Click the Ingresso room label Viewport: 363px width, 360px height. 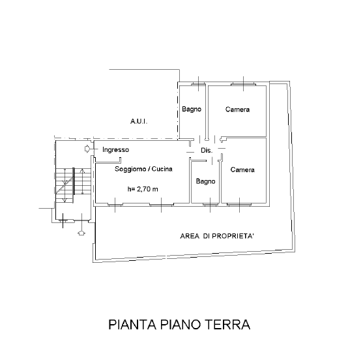(115, 150)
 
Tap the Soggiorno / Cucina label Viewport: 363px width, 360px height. (143, 169)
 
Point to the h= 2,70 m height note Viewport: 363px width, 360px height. (143, 189)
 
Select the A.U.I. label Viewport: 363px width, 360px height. (139, 121)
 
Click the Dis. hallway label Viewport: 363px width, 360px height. (207, 151)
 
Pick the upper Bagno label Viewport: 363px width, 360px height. (192, 109)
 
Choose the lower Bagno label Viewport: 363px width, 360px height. (205, 181)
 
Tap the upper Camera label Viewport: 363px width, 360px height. (237, 110)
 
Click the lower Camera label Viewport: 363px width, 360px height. (242, 170)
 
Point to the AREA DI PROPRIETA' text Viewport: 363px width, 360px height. (217, 236)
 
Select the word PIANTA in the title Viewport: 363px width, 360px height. (132, 324)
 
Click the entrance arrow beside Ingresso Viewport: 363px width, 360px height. (87, 149)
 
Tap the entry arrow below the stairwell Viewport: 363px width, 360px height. (81, 233)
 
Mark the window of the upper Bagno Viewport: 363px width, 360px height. (198, 84)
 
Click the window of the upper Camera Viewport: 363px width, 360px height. (243, 84)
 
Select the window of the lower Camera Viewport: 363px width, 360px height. (239, 204)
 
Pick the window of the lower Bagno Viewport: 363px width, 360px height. (210, 204)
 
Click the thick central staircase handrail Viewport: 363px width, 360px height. (74, 181)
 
